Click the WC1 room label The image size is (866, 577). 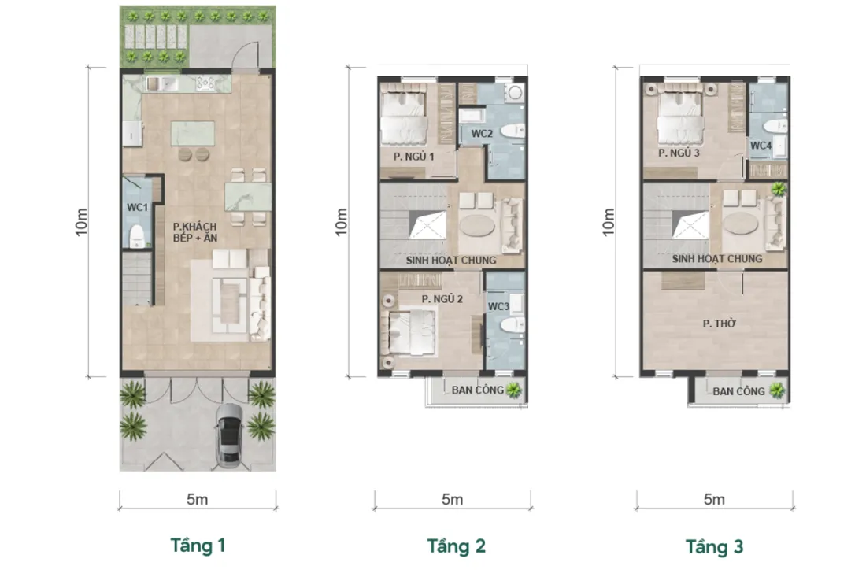click(138, 208)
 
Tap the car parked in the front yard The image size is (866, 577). click(229, 435)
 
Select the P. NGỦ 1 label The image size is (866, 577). click(413, 157)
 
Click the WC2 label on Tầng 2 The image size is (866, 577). click(482, 134)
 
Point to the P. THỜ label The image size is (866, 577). click(719, 324)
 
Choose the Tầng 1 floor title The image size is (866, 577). click(198, 546)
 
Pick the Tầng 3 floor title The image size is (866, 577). click(714, 546)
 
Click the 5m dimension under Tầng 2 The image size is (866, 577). click(453, 500)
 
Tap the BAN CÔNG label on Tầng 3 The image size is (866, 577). click(738, 391)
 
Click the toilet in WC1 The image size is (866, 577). click(137, 236)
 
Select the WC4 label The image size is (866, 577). click(761, 146)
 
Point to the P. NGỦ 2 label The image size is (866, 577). click(442, 299)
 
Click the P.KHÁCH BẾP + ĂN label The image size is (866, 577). click(195, 232)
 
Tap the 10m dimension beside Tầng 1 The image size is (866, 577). click(81, 222)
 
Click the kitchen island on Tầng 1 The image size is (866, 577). click(193, 134)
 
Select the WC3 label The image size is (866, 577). click(498, 306)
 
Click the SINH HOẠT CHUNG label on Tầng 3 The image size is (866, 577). click(717, 259)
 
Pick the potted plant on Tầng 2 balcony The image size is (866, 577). click(513, 390)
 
